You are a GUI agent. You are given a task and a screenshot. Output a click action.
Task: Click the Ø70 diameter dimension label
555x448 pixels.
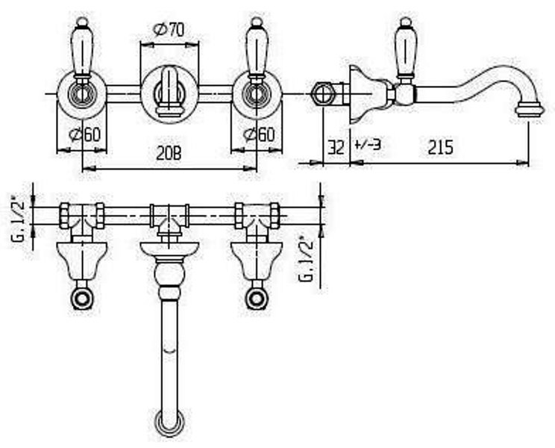[x=169, y=30]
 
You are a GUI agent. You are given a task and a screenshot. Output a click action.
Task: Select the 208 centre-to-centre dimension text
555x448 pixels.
[x=169, y=154]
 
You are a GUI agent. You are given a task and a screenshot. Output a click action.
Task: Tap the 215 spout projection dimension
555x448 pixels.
[x=440, y=147]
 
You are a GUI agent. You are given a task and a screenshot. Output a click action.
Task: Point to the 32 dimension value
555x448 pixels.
[x=336, y=147]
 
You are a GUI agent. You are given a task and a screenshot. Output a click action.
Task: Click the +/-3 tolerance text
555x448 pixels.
[x=368, y=145]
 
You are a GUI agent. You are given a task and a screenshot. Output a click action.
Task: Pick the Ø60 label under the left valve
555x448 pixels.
[x=84, y=134]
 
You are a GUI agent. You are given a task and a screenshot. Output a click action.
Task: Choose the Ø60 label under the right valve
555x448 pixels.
[x=259, y=134]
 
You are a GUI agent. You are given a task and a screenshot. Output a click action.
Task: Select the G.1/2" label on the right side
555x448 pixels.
[x=306, y=258]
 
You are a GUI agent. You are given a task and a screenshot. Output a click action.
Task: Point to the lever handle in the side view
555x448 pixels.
[x=406, y=48]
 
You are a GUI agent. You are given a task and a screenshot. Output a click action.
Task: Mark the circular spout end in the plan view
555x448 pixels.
[x=170, y=423]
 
